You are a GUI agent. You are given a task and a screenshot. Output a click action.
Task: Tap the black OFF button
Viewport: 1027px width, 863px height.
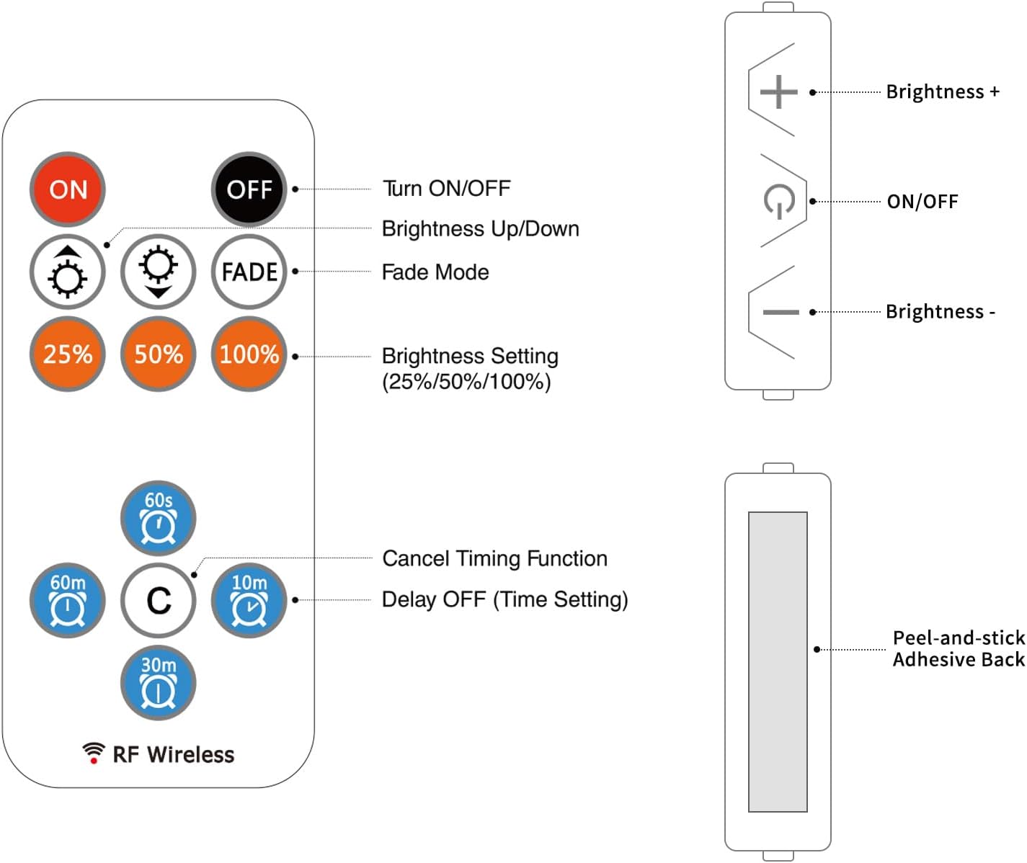[x=249, y=189]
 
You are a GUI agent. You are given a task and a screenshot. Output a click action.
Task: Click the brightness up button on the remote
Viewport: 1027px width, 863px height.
[x=68, y=272]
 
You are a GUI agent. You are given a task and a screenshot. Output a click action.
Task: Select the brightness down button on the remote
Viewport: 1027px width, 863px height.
[x=159, y=272]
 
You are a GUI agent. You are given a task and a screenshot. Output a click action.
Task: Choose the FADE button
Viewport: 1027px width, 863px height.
[x=249, y=272]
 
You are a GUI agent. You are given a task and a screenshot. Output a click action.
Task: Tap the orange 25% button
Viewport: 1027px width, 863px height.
[x=68, y=354]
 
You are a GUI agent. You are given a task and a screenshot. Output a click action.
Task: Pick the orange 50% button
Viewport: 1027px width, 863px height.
[x=159, y=354]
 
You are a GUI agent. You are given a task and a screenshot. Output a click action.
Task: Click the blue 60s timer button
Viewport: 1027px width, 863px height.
[x=159, y=518]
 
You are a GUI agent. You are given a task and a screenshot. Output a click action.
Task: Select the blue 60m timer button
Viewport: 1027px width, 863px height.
[x=68, y=600]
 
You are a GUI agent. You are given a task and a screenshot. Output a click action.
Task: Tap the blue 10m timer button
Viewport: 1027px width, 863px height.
[x=249, y=600]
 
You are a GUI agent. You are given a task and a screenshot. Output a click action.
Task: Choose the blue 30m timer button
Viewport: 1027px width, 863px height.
[x=159, y=682]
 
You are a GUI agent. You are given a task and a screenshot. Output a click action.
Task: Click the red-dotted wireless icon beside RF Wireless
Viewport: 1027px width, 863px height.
[x=93, y=753]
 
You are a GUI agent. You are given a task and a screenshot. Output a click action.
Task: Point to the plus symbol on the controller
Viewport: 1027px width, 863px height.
[x=779, y=92]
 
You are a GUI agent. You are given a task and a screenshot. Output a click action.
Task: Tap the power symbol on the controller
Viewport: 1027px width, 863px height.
[x=779, y=202]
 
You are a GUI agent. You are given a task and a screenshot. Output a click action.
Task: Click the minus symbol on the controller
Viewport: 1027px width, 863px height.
[x=781, y=312]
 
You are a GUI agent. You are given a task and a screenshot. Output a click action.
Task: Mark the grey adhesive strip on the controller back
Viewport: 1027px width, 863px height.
[x=778, y=661]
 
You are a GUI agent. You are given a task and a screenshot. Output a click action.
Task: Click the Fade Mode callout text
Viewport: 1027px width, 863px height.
[x=435, y=272]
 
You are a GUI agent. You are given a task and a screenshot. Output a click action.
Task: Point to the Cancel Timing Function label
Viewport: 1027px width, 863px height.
[x=494, y=558]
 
